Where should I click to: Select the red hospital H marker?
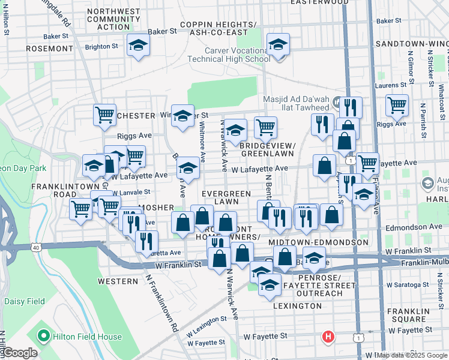tap(328, 337)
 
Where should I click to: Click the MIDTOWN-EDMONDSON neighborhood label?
tap(318, 242)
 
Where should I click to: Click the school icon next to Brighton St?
tap(139, 46)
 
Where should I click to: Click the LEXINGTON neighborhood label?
tap(297, 306)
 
